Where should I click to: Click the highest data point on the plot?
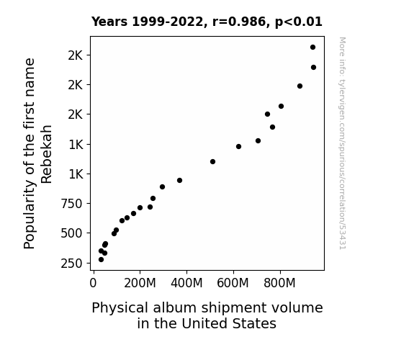tap(313, 48)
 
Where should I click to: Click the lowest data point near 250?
tap(101, 260)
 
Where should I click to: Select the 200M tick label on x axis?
tap(140, 284)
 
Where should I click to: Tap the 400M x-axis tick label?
tap(186, 284)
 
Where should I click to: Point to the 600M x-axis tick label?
tap(233, 284)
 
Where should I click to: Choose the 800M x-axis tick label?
tap(279, 284)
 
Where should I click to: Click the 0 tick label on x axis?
tap(93, 284)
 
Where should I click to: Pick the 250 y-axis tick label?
tap(71, 264)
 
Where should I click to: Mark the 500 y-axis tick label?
tap(71, 233)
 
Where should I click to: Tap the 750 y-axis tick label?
tap(71, 204)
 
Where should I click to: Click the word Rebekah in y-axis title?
tap(47, 154)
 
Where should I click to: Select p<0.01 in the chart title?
tap(299, 22)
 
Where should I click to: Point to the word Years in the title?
tap(109, 22)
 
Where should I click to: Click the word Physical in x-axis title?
tap(120, 308)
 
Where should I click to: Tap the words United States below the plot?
tap(229, 323)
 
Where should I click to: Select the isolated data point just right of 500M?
tap(213, 162)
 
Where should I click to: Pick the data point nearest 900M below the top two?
tap(300, 86)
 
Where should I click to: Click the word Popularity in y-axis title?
tap(30, 217)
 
